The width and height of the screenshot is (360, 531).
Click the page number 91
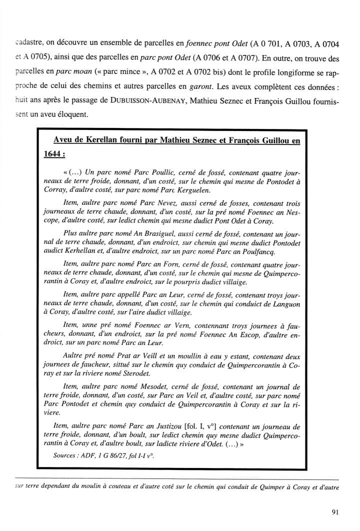point(335,512)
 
